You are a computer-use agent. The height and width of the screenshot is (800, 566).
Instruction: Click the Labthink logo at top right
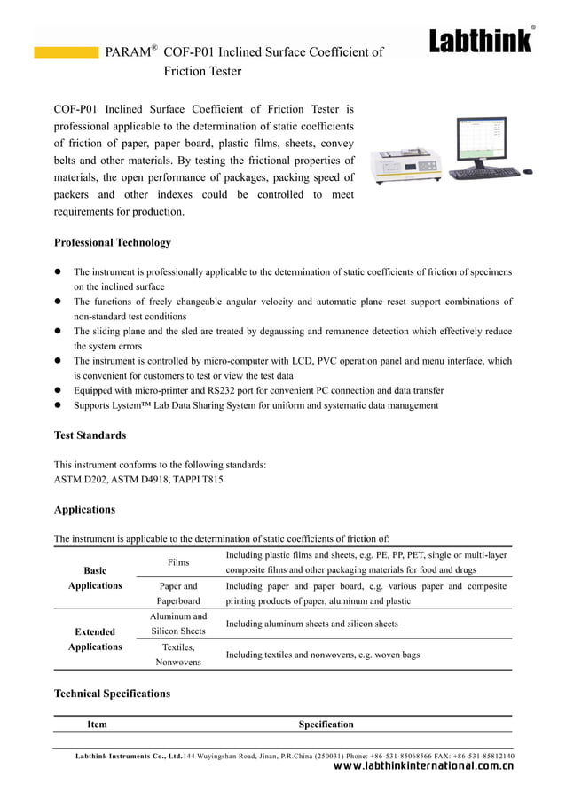[481, 41]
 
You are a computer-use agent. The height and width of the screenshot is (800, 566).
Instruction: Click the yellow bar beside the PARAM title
[66, 52]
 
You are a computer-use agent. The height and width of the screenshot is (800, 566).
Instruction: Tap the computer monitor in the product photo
[480, 140]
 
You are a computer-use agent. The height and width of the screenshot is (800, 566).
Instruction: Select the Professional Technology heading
[113, 242]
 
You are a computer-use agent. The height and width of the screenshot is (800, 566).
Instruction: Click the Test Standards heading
[90, 435]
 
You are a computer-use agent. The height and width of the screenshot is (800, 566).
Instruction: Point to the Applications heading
[84, 510]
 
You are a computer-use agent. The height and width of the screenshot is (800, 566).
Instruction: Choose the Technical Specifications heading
[112, 694]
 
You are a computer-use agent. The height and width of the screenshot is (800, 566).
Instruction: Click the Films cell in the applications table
[178, 562]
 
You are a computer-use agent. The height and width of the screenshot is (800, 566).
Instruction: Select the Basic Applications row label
[95, 578]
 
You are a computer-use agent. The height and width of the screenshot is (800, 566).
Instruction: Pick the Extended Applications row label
[95, 639]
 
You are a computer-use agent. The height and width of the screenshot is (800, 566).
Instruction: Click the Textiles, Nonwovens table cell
[178, 655]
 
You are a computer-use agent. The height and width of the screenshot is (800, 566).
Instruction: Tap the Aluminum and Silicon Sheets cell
[178, 624]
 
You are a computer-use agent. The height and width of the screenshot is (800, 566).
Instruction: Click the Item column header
[97, 725]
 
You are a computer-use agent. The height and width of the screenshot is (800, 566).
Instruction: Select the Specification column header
[326, 725]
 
